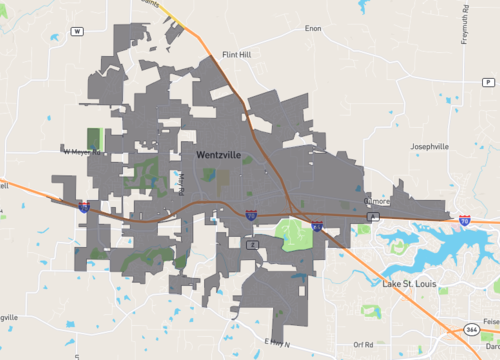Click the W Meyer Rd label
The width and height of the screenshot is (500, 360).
coord(82,152)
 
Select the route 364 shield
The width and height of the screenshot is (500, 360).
coord(471,329)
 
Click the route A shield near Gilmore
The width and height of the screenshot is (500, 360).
coord(373,216)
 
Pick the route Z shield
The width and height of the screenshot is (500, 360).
coord(254,243)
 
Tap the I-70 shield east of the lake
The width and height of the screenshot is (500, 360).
coord(465,219)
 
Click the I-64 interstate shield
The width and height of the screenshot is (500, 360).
coord(315,227)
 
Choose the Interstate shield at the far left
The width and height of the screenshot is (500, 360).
coord(84,207)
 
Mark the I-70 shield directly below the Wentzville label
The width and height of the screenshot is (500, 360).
coord(252,215)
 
